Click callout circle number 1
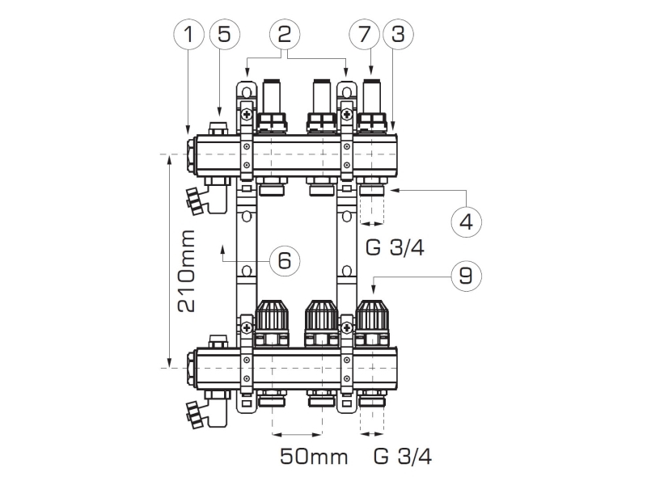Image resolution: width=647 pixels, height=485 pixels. [x=188, y=36]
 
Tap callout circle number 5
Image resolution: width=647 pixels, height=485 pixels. [x=224, y=36]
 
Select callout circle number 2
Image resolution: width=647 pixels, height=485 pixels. [x=284, y=35]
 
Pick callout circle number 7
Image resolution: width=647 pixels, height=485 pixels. [x=363, y=35]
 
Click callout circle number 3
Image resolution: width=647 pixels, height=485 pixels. [x=396, y=35]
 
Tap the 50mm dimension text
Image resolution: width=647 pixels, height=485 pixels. [x=314, y=457]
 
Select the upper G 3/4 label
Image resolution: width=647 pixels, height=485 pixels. [x=395, y=247]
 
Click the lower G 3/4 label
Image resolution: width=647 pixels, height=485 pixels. [x=403, y=457]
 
